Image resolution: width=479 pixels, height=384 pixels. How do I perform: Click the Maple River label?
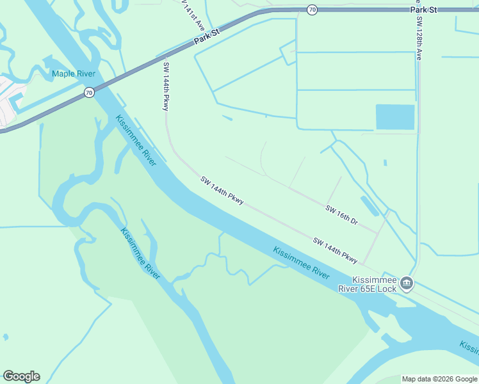click(x=74, y=74)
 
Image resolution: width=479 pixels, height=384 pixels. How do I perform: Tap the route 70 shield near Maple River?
click(x=89, y=93)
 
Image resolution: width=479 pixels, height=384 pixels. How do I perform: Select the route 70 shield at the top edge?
click(x=312, y=9)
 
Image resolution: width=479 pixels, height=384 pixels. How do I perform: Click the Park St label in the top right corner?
click(x=423, y=10)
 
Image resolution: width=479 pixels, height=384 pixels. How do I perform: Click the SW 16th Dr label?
click(x=341, y=215)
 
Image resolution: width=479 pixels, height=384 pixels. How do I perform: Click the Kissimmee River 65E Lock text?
click(x=377, y=284)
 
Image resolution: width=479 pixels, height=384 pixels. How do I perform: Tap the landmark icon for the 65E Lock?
click(x=406, y=284)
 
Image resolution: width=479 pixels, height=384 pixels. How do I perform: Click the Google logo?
click(x=21, y=376)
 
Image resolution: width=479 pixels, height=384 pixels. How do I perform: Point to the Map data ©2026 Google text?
click(x=439, y=379)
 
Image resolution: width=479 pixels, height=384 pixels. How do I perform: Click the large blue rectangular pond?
click(x=394, y=117)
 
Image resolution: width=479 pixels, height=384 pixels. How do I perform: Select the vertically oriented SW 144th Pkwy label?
click(x=166, y=86)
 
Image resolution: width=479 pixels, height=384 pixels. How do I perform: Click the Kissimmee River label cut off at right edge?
click(x=469, y=348)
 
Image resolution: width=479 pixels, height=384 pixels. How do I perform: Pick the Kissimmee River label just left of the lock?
click(x=301, y=262)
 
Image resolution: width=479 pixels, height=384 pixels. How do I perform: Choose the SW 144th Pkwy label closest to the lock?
click(x=335, y=250)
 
